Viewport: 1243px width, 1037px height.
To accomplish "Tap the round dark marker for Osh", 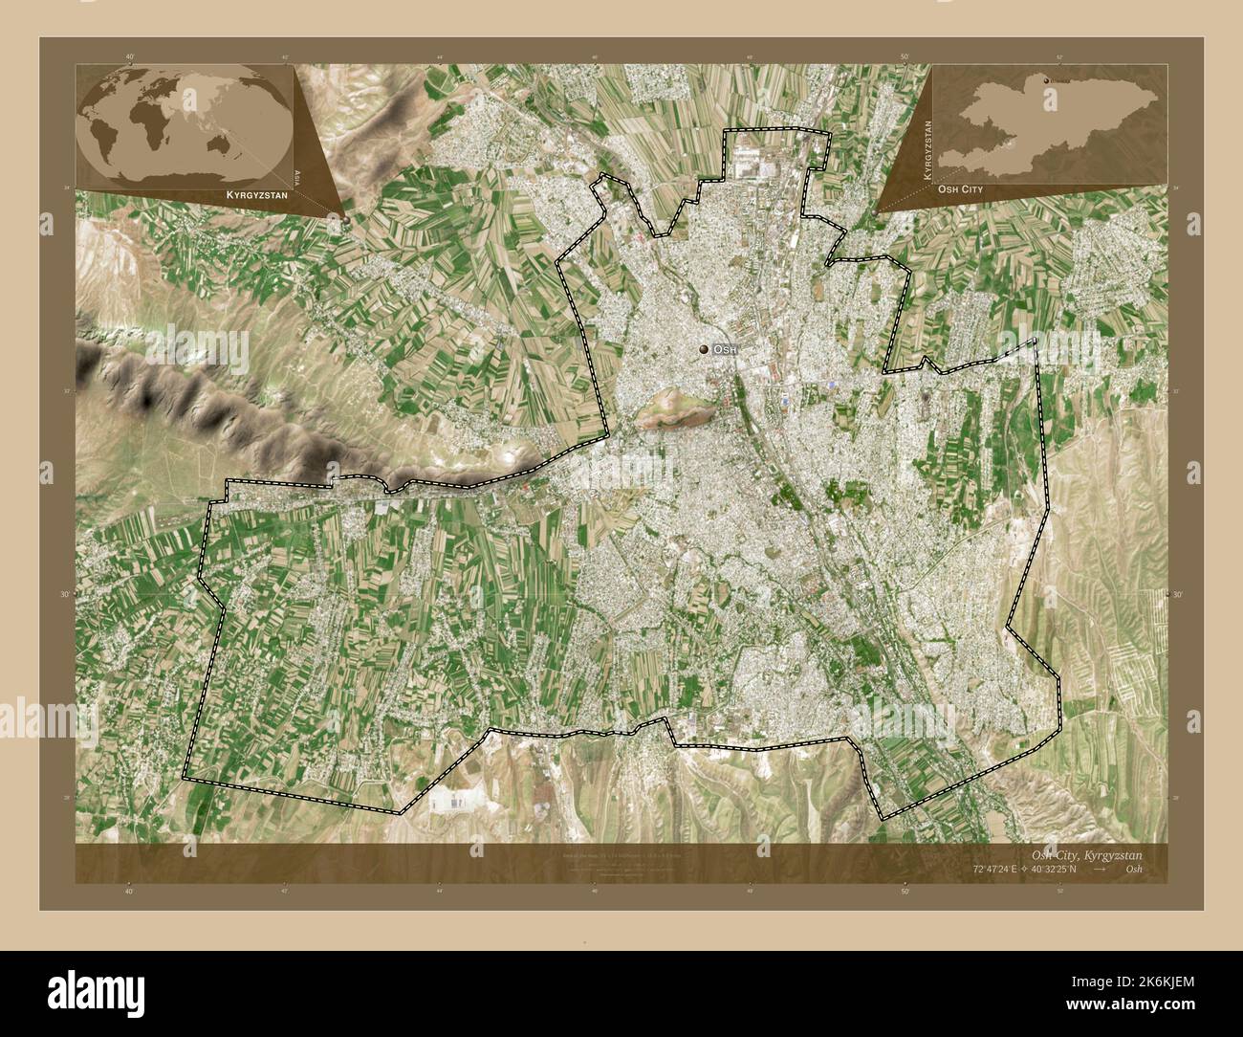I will tap(706, 351).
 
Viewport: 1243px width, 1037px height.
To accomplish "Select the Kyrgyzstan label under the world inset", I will tap(256, 194).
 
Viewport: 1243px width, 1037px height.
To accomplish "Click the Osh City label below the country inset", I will tap(959, 189).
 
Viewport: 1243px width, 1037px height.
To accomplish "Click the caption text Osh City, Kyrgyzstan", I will tap(1086, 854).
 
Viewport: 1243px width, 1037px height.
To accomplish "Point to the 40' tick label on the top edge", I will tap(130, 56).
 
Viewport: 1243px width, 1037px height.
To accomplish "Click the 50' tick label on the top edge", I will tap(905, 56).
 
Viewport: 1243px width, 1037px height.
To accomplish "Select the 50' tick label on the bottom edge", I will tap(905, 891).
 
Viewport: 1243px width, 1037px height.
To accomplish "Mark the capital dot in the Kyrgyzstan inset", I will tap(1046, 80).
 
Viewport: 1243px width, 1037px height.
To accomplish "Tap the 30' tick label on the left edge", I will tap(66, 594).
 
